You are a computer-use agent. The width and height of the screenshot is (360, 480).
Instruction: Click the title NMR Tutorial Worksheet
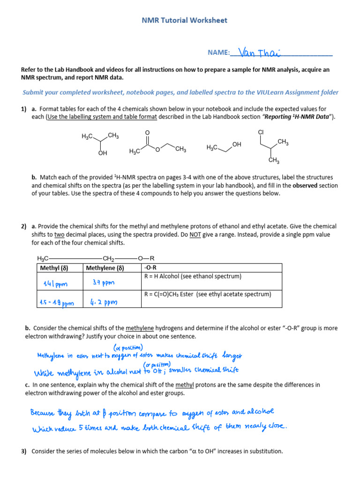pyautogui.click(x=184, y=20)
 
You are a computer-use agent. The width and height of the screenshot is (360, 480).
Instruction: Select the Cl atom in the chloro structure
pyautogui.click(x=261, y=133)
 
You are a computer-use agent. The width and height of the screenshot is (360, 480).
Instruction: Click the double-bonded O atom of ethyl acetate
pyautogui.click(x=148, y=133)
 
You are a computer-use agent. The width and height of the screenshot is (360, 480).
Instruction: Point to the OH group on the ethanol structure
pyautogui.click(x=237, y=145)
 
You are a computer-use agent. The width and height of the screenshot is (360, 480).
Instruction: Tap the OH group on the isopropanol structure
pyautogui.click(x=103, y=153)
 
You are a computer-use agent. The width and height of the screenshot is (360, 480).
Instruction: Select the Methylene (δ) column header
pyautogui.click(x=105, y=268)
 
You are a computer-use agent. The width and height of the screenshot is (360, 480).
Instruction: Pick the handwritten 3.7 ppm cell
pyautogui.click(x=104, y=283)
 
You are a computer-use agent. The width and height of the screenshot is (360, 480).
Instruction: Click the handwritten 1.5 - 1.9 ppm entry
pyautogui.click(x=57, y=303)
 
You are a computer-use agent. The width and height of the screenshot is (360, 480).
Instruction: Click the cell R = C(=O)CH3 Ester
pyautogui.click(x=207, y=294)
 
